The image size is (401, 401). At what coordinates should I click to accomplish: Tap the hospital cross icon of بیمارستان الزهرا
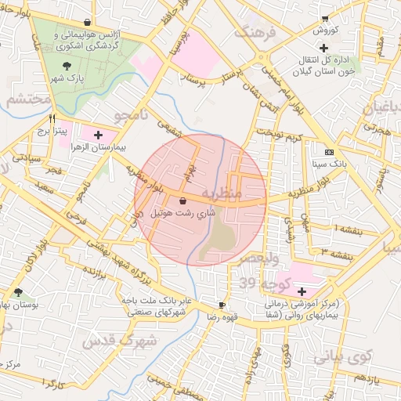point(98,135)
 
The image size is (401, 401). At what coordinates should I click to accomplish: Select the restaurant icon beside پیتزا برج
point(52,119)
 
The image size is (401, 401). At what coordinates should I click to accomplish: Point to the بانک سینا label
point(328,164)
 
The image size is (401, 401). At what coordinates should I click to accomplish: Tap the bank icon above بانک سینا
point(328,152)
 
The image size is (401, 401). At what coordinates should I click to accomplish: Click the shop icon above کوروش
point(325,19)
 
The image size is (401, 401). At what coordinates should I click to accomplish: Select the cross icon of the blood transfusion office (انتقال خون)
point(334,48)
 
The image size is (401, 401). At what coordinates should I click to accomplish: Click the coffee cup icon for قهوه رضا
point(222,305)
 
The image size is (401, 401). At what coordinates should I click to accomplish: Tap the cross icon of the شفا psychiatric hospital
point(302,291)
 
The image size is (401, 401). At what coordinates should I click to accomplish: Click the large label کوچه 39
point(259,281)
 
